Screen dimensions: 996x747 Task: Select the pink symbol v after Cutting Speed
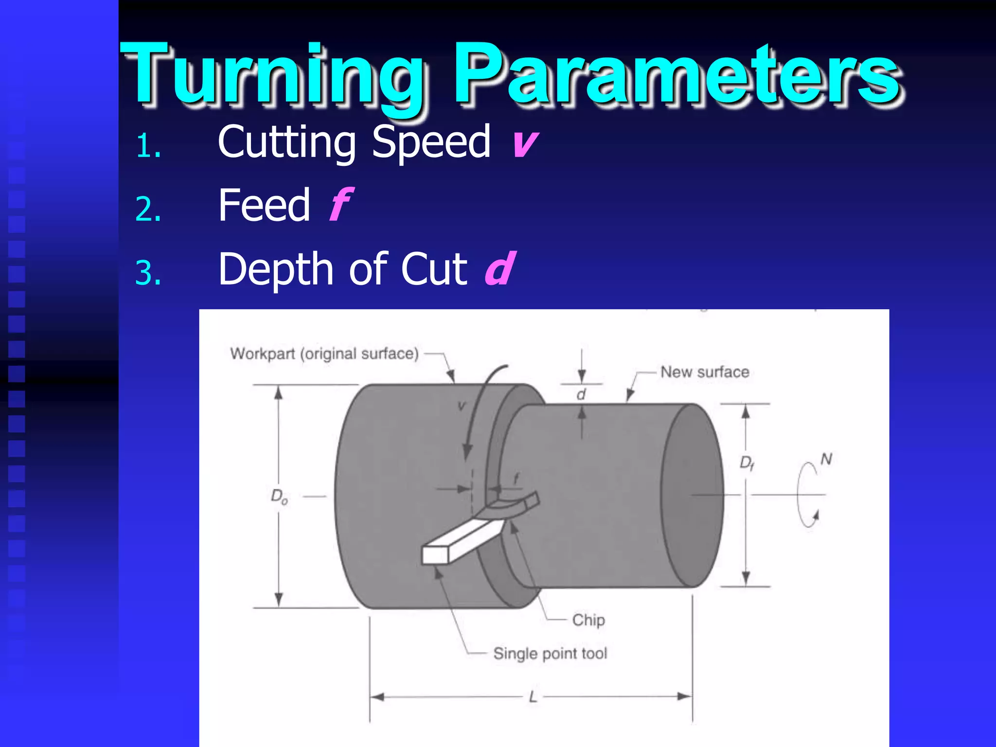point(524,143)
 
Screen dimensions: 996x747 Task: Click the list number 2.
point(148,210)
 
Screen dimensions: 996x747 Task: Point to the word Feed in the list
point(264,205)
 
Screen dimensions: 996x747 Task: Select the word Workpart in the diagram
point(263,354)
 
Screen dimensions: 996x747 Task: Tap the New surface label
point(704,372)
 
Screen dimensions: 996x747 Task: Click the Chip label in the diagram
point(588,620)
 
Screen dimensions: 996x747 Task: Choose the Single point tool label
point(550,653)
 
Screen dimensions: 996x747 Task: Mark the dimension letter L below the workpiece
point(533,697)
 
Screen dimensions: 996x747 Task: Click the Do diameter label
point(279,497)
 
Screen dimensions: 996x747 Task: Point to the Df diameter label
point(747,462)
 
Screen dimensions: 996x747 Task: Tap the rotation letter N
point(826,459)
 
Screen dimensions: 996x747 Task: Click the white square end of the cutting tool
point(435,555)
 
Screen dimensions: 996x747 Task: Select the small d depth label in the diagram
point(581,394)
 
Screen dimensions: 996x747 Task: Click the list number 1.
point(148,146)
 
